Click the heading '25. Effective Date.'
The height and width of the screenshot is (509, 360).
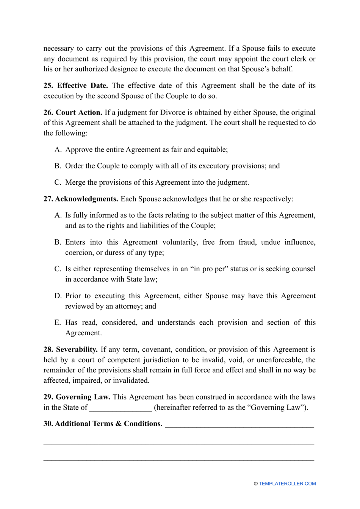(x=76, y=86)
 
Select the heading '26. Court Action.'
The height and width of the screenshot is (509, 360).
(x=73, y=113)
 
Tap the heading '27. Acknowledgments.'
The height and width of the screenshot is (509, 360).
(x=81, y=199)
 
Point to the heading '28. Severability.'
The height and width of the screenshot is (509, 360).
(x=70, y=350)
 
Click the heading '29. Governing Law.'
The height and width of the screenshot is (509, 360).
(x=77, y=397)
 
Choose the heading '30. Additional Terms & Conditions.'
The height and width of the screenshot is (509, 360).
(x=103, y=424)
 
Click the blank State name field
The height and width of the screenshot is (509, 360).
(x=121, y=408)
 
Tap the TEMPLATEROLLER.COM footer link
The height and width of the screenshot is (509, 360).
(x=287, y=484)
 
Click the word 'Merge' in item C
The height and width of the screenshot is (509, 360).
(x=75, y=182)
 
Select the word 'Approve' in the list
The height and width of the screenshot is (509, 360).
(x=78, y=150)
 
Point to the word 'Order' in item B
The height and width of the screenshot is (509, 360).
(x=74, y=166)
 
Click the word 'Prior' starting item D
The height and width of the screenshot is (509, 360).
(x=73, y=296)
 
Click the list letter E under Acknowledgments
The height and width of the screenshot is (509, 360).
(x=58, y=323)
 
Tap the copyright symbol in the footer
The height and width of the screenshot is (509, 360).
(x=256, y=484)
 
